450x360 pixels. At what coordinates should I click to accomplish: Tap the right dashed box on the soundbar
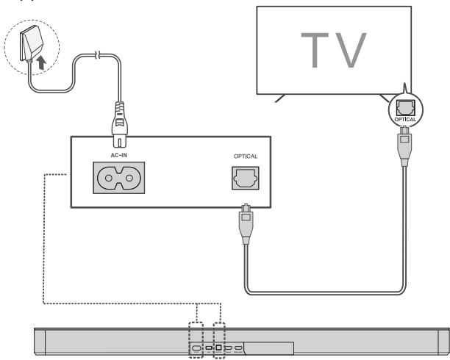[220, 337]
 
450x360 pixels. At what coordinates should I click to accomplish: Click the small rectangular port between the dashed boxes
[209, 347]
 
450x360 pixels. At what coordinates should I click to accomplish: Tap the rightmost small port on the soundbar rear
[239, 347]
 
